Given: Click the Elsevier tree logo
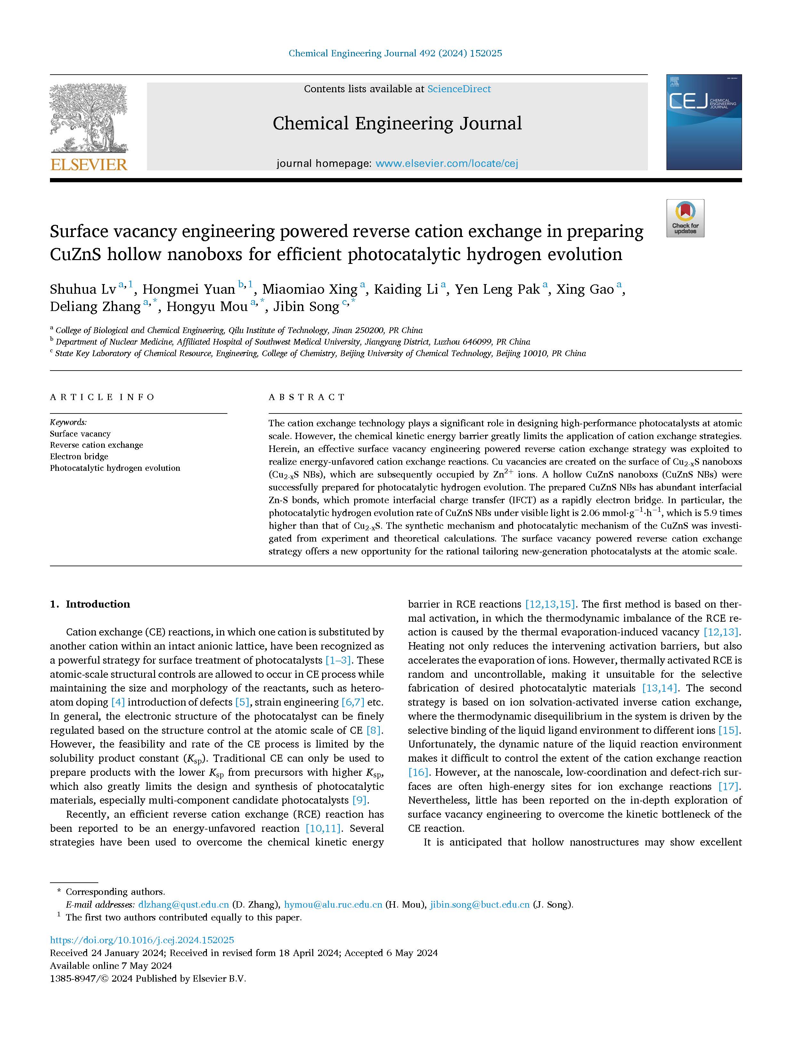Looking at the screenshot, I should [89, 119].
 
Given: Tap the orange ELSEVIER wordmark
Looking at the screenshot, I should [89, 164].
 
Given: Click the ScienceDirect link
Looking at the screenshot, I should [459, 89].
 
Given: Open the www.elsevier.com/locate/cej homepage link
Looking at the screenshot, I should [446, 164].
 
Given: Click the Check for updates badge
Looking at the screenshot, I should [685, 218].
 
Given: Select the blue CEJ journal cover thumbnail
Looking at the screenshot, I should [703, 122].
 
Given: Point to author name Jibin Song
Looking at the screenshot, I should [306, 307].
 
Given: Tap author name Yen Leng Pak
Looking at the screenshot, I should [497, 289].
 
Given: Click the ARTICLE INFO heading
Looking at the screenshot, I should [102, 397].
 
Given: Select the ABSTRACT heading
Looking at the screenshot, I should [307, 397].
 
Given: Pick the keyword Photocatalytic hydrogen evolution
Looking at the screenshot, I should [115, 468].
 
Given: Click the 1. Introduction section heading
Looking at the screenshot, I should [90, 604].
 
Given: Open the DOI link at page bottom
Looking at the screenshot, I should [142, 940].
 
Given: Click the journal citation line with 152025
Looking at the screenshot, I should [395, 53].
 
